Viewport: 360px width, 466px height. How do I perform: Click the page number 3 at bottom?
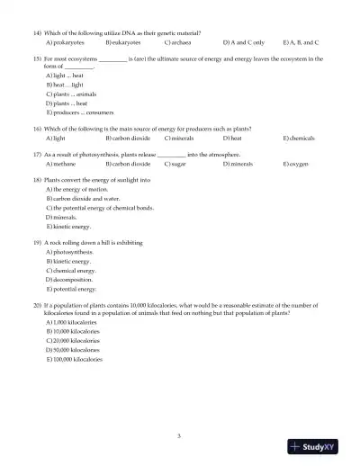[x=180, y=436]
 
